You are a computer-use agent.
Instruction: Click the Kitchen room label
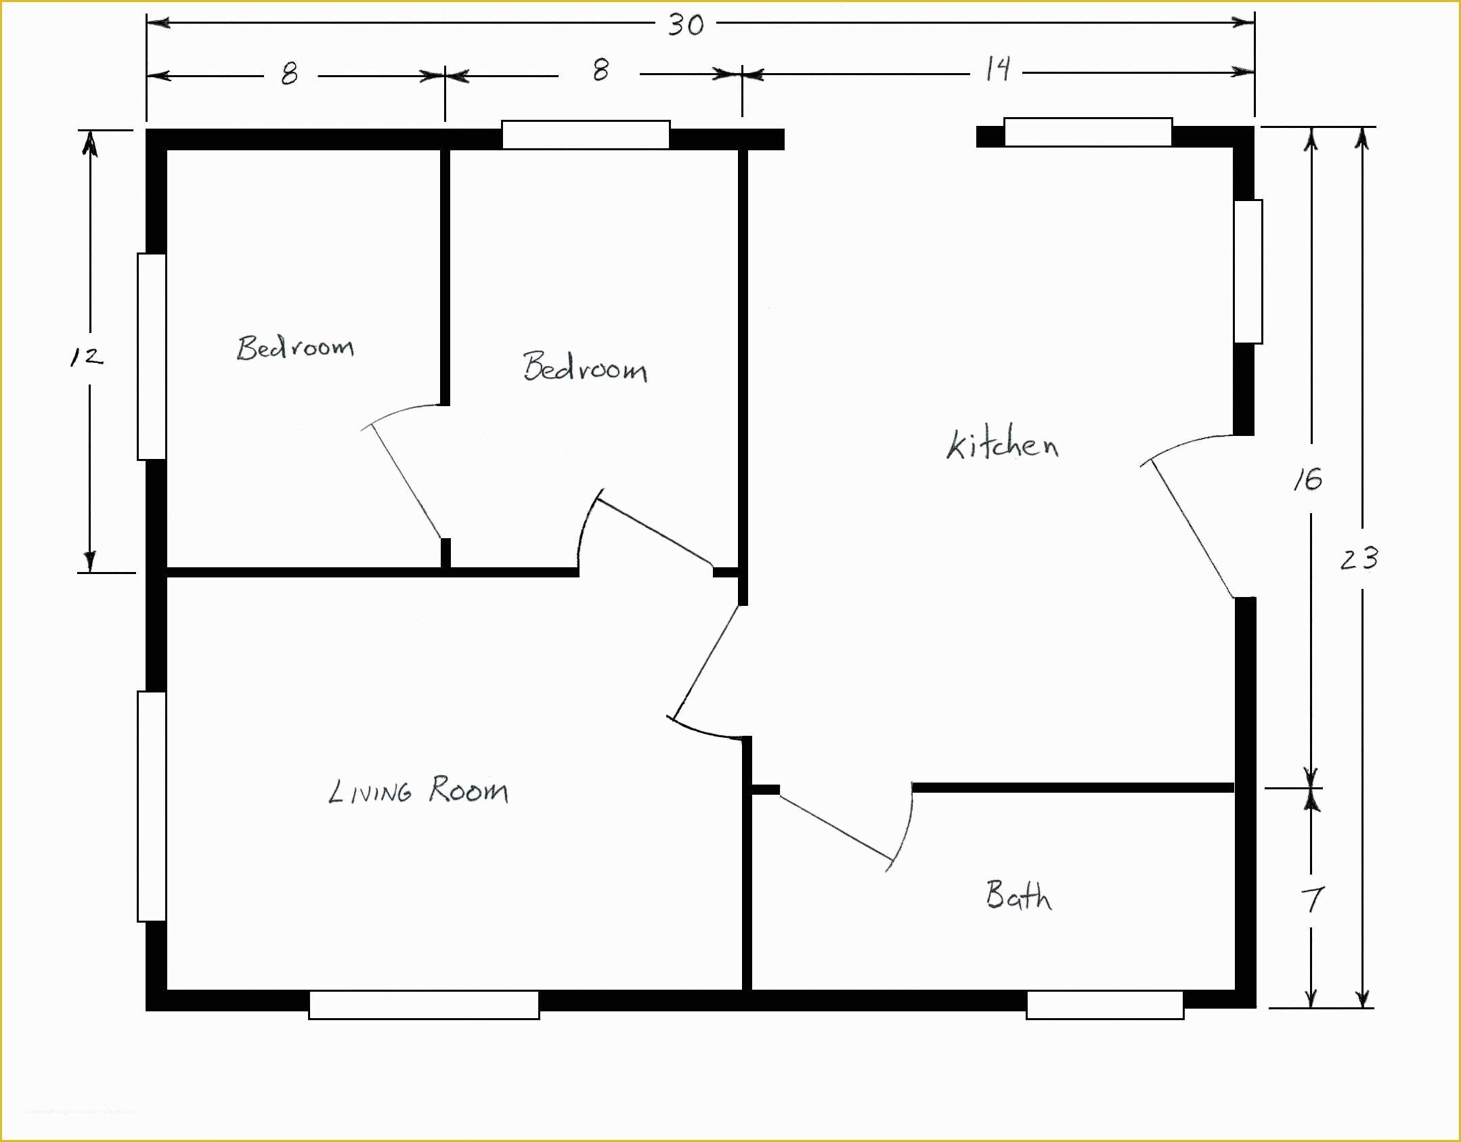pyautogui.click(x=1002, y=445)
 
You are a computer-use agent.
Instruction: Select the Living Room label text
pyautogui.click(x=418, y=790)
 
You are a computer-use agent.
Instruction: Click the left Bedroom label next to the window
pyautogui.click(x=295, y=348)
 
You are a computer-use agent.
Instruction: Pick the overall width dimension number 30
pyautogui.click(x=685, y=25)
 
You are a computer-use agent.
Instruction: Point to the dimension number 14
pyautogui.click(x=997, y=69)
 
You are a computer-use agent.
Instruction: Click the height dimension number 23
pyautogui.click(x=1359, y=559)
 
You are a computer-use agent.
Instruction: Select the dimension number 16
pyautogui.click(x=1307, y=480)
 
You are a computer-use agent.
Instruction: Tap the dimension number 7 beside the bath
pyautogui.click(x=1312, y=900)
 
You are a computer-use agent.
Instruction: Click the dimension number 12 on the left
pyautogui.click(x=87, y=357)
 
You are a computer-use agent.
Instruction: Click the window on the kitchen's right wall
pyautogui.click(x=1248, y=271)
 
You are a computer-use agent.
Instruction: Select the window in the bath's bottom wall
pyautogui.click(x=1104, y=1005)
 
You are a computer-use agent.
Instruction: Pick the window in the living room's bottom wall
pyautogui.click(x=424, y=1005)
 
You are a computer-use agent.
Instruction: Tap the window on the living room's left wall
pyautogui.click(x=152, y=806)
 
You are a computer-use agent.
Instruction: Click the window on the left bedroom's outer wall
pyautogui.click(x=152, y=357)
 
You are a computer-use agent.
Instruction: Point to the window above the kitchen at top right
pyautogui.click(x=1087, y=132)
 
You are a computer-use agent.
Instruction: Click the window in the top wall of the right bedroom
pyautogui.click(x=586, y=135)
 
